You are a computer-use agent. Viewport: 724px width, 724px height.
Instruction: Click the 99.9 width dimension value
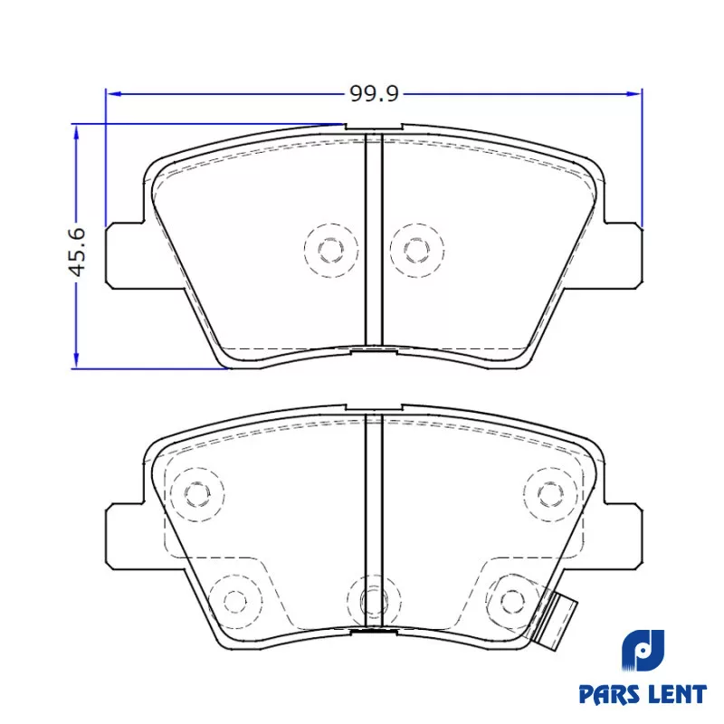click(374, 94)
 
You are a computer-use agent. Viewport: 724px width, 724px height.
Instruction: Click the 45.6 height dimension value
click(77, 252)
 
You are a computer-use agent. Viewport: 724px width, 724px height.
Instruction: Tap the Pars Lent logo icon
click(643, 651)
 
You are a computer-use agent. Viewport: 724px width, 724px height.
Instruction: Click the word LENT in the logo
click(677, 694)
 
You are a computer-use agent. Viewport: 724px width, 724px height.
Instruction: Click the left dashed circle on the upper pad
click(331, 251)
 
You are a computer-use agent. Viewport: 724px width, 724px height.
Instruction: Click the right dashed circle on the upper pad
click(417, 251)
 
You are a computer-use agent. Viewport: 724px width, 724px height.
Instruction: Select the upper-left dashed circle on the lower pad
click(197, 494)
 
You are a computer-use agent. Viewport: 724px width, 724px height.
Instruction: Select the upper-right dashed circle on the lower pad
click(551, 494)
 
